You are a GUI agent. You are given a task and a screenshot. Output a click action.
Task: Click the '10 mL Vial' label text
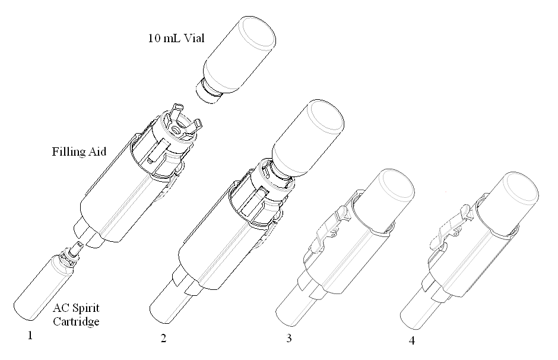pos(176,38)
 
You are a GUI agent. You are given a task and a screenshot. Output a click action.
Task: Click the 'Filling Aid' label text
pos(79,151)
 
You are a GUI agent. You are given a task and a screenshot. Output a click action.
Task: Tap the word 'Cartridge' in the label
pos(76,321)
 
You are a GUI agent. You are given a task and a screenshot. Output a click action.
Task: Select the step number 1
pos(30,335)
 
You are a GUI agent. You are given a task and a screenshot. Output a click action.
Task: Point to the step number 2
pos(163,338)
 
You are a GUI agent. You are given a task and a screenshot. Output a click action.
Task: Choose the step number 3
pos(289,338)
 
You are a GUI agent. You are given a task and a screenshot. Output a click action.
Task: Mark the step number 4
pos(412,341)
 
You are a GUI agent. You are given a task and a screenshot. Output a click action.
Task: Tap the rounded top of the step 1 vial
pos(257,32)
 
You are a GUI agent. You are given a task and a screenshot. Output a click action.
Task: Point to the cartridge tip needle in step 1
pos(77,248)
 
